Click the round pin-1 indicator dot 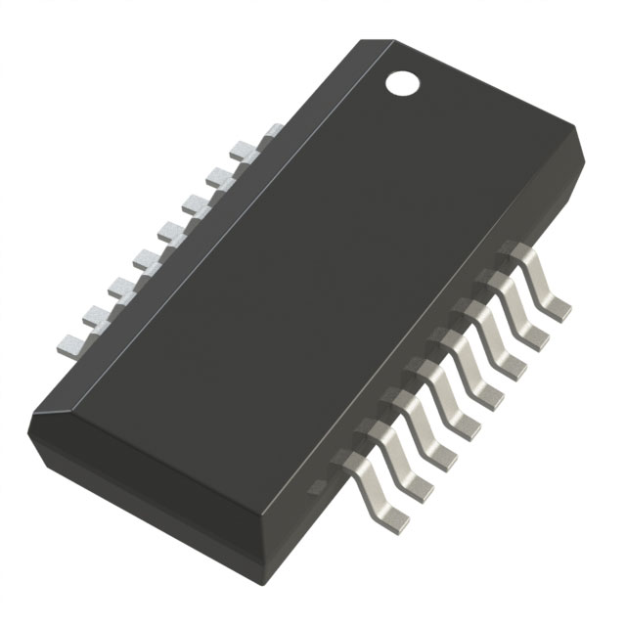tap(401, 83)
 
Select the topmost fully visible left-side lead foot tap(242, 149)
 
